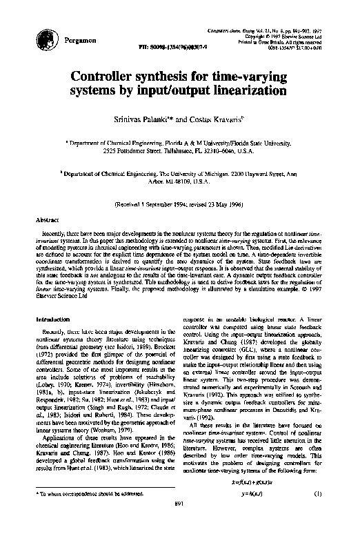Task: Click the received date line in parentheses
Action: (x=180, y=205)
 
